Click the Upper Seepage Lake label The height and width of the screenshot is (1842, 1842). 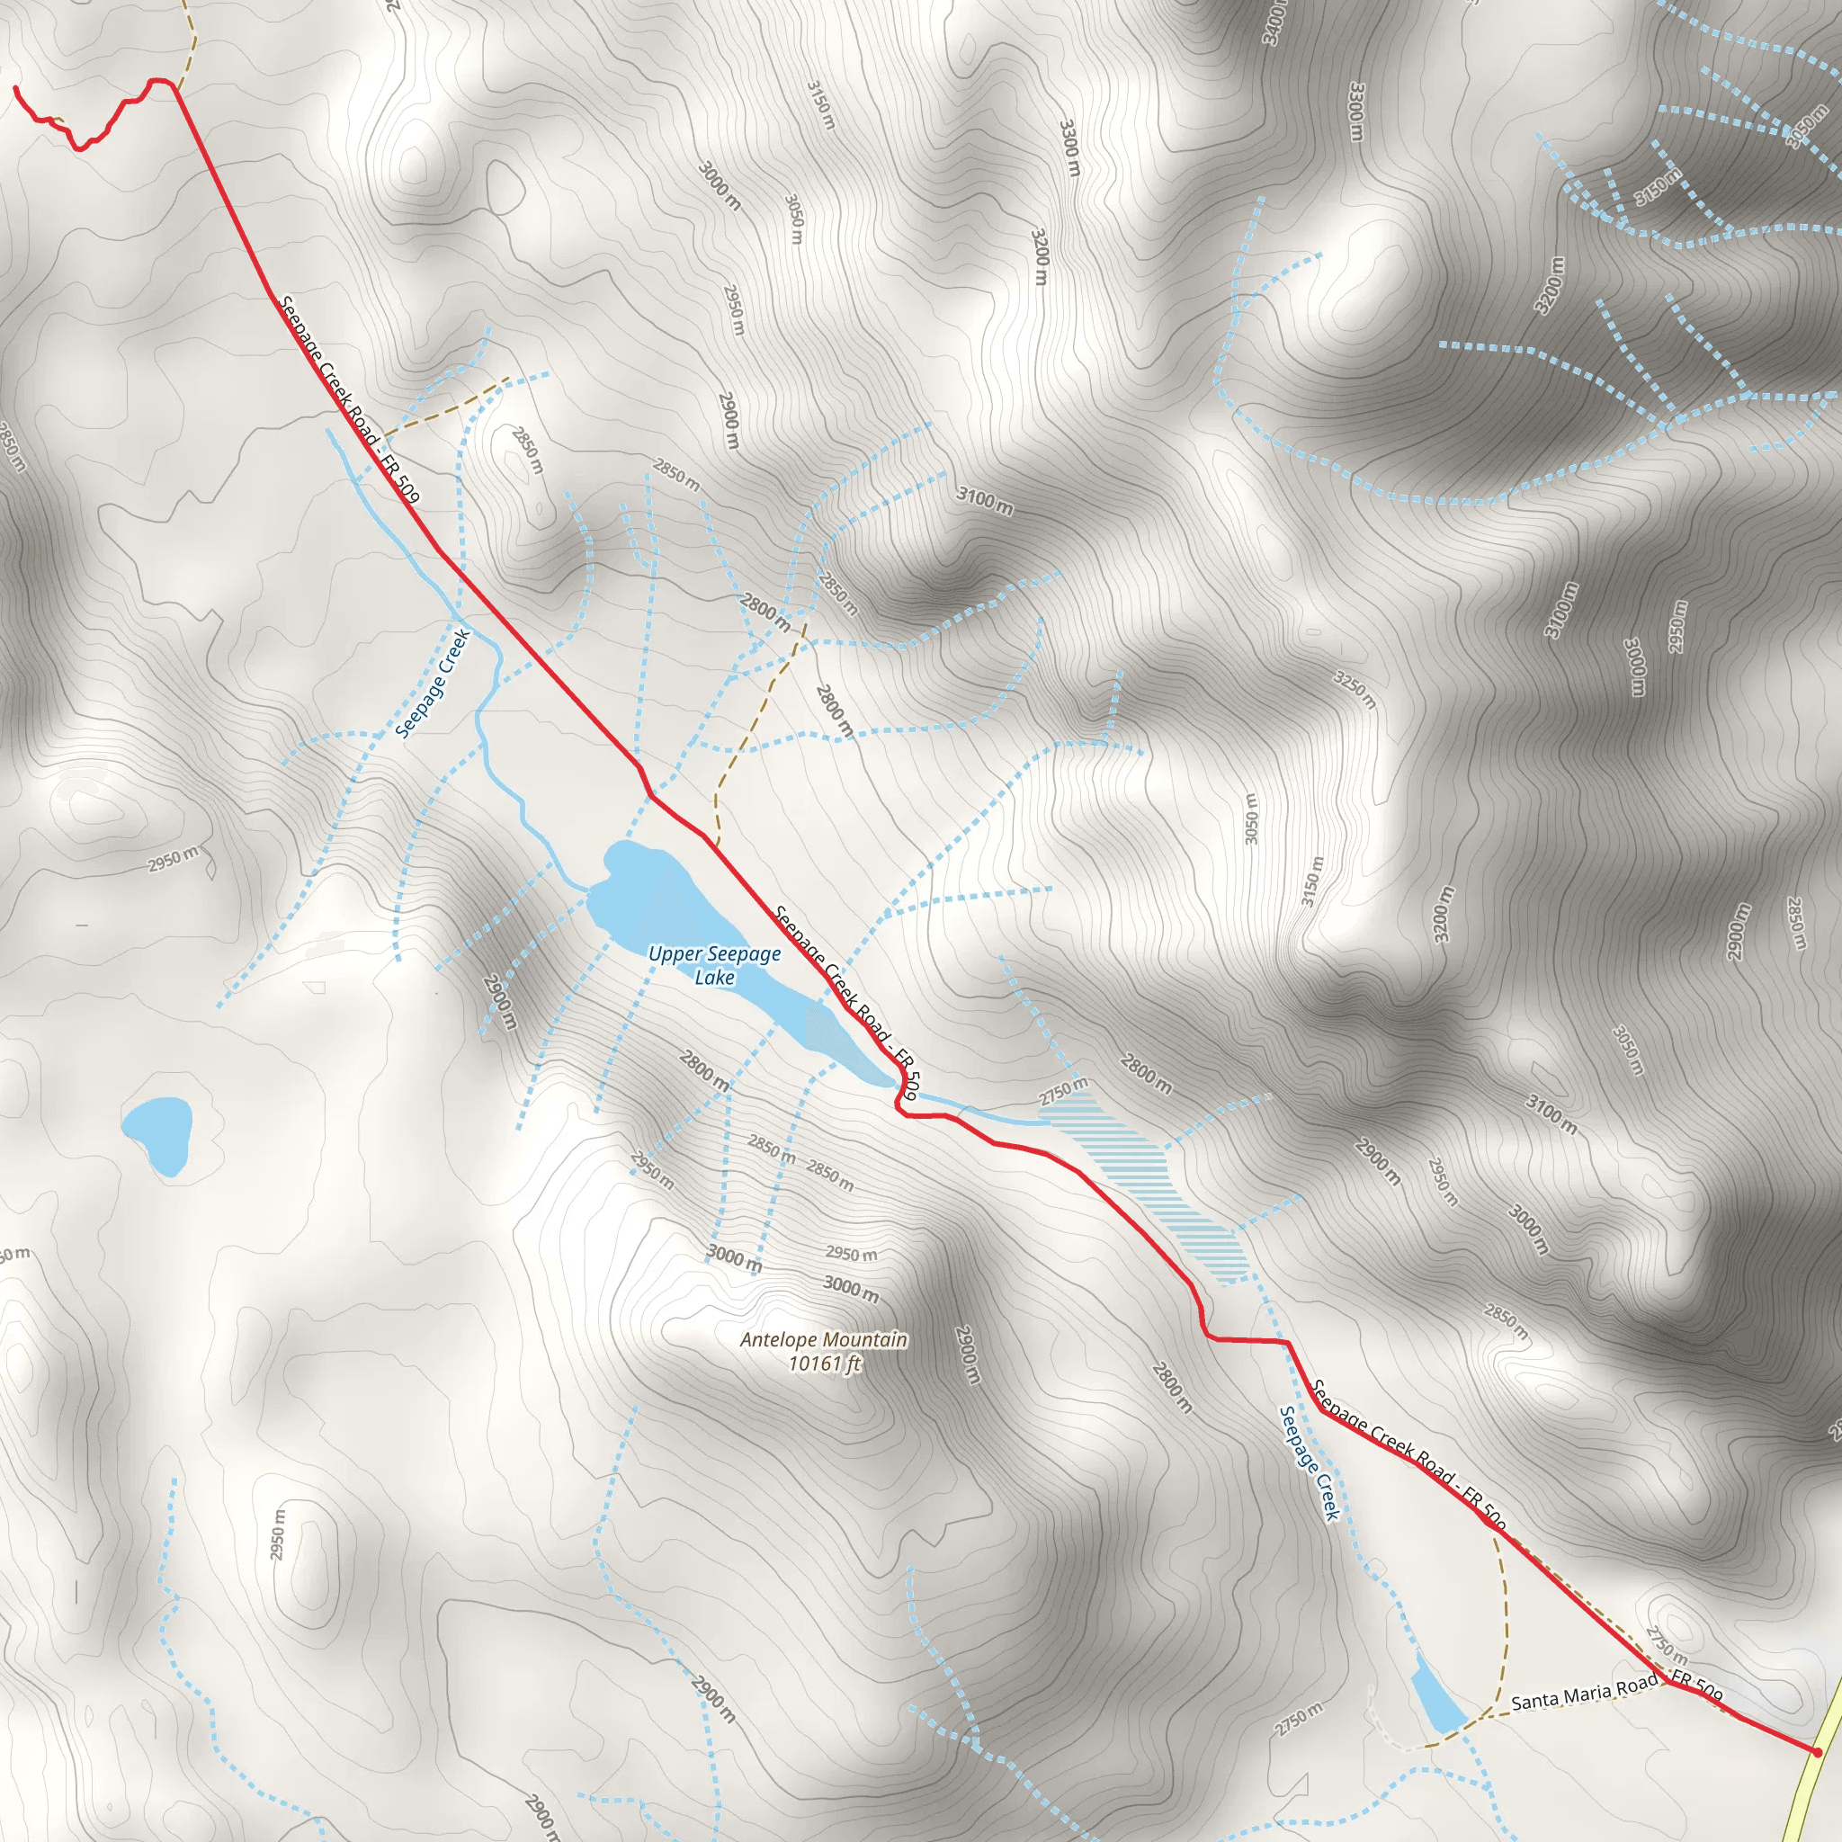tap(714, 965)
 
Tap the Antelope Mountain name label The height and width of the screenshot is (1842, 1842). tap(824, 1339)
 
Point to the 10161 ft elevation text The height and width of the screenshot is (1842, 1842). tap(824, 1364)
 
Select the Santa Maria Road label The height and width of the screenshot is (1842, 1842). tap(1584, 1694)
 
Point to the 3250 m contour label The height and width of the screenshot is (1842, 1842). tap(1355, 688)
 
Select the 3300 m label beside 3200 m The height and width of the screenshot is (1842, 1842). tap(1069, 148)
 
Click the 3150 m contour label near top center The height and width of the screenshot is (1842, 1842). tap(820, 105)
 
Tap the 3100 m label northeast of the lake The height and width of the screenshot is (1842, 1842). tap(985, 501)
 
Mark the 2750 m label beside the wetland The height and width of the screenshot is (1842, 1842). tap(1063, 1093)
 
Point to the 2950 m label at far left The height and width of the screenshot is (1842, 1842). tap(174, 858)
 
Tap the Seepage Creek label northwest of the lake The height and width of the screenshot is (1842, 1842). tap(433, 683)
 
